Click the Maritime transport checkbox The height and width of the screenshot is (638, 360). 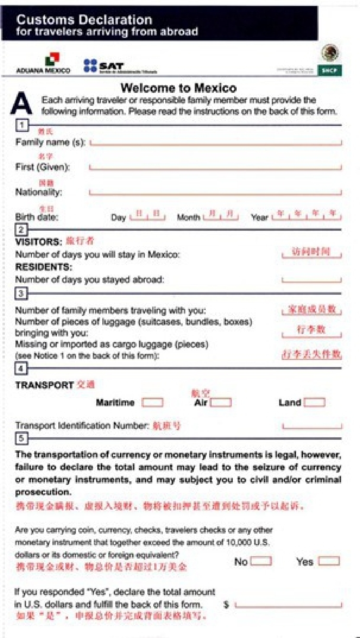pos(152,402)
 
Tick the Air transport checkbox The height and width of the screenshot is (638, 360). pos(221,402)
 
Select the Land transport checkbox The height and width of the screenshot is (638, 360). pos(315,402)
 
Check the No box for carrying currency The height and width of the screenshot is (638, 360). pos(261,561)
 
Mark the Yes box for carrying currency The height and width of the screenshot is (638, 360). pos(329,561)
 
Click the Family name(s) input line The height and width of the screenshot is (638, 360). pos(215,142)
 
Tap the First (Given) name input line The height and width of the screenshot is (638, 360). pos(215,167)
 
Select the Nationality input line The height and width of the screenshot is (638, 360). pos(215,192)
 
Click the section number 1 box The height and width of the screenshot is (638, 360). pos(21,125)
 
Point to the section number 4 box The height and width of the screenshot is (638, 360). pos(21,368)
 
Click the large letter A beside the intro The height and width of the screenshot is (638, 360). pos(21,103)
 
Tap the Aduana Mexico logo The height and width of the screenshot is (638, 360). pos(44,63)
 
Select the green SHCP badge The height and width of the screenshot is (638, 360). pos(329,70)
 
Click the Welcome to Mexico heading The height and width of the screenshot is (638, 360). pos(179,88)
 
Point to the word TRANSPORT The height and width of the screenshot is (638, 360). pos(44,385)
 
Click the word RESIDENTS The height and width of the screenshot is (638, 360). pos(44,267)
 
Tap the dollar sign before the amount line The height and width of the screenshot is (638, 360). pos(226,605)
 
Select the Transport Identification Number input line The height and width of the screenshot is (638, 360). pos(312,427)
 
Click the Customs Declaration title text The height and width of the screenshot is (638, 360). pos(84,20)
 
